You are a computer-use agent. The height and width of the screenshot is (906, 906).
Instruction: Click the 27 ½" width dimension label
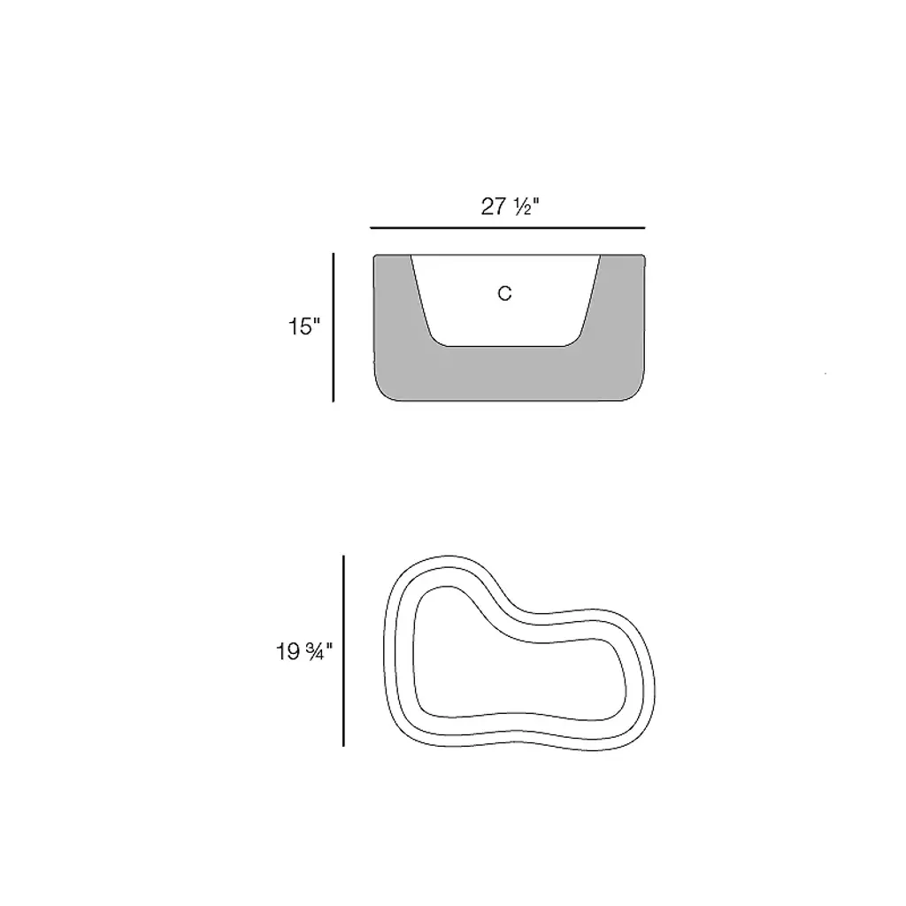tap(510, 206)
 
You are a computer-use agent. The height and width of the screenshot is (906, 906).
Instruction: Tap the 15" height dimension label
tap(304, 327)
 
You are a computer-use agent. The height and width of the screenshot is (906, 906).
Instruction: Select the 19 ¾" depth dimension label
tap(304, 652)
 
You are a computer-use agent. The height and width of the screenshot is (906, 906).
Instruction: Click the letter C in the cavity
tap(504, 294)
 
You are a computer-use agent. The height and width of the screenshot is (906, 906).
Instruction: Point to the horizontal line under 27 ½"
tap(507, 228)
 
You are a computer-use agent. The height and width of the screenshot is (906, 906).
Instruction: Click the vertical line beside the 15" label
tap(334, 327)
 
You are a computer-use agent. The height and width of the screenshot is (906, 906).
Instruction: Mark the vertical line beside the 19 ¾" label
tap(344, 651)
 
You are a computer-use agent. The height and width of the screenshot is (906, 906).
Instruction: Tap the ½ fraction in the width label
tap(525, 207)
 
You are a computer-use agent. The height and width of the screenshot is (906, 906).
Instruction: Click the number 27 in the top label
tap(494, 206)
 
